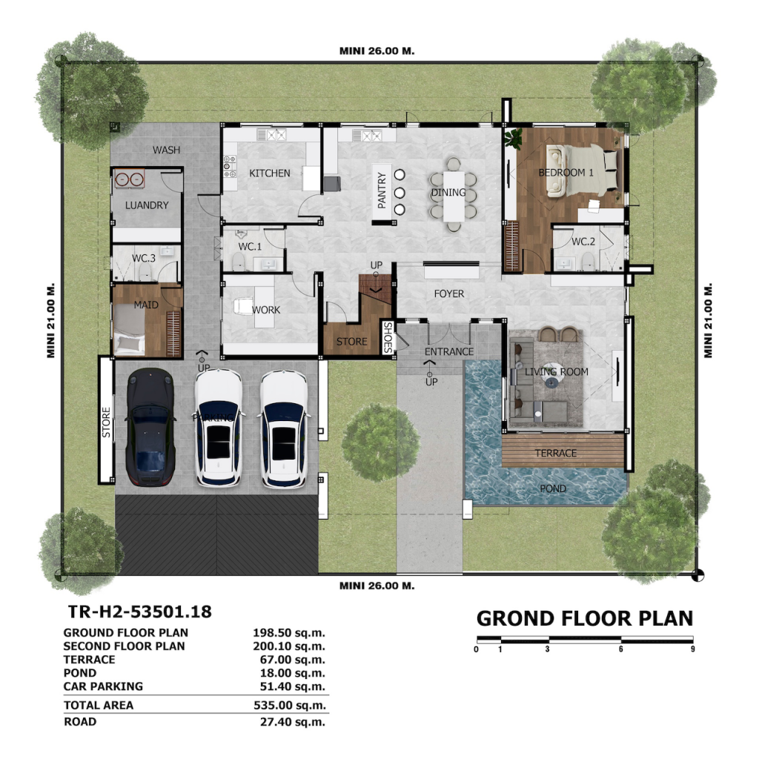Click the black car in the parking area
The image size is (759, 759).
(150, 426)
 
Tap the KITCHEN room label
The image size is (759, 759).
(270, 173)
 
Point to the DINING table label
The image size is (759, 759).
(448, 192)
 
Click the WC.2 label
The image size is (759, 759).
(583, 241)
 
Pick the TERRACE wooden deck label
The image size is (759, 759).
(556, 453)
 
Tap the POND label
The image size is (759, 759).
(553, 488)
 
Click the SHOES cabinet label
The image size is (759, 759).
(388, 337)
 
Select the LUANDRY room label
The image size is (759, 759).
(147, 205)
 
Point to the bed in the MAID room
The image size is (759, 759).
(129, 330)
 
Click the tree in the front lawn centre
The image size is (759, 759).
(380, 443)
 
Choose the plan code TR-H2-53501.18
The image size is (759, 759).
(140, 611)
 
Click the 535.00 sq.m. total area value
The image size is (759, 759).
(290, 706)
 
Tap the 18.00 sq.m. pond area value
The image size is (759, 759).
(292, 673)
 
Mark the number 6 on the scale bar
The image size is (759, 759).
(620, 649)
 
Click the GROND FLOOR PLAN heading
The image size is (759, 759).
(585, 619)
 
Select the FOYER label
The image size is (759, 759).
(448, 294)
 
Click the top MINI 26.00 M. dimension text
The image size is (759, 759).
(377, 51)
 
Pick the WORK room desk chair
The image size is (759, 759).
(242, 306)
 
